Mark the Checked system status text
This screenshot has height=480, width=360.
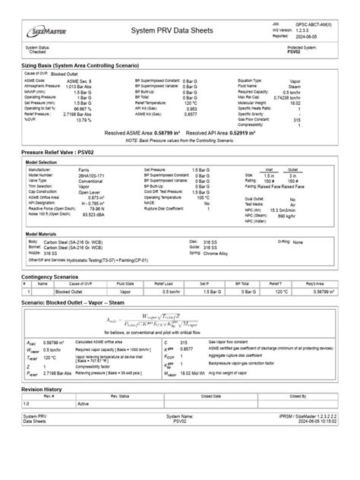click(x=37, y=52)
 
